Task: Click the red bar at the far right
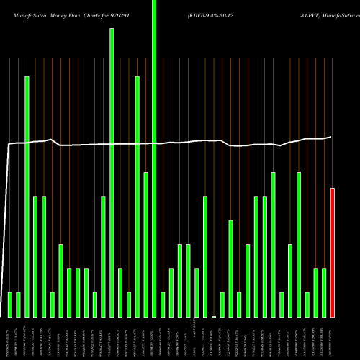point(333,252)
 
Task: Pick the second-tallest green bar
point(112,173)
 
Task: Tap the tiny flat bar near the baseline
point(214,316)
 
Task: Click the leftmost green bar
point(10,304)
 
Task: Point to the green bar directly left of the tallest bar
point(146,245)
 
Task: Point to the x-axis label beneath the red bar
point(333,338)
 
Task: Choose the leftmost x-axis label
point(10,338)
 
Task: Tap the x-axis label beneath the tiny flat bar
point(214,338)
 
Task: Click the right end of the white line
point(332,137)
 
